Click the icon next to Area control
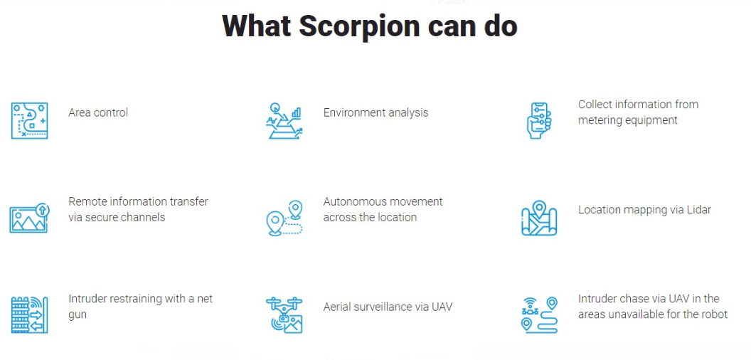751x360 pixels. [x=29, y=120]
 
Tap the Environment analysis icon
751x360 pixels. [x=284, y=120]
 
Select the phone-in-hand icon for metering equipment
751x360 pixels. [x=539, y=120]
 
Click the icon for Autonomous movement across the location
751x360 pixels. [x=284, y=218]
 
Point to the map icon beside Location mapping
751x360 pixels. [x=539, y=218]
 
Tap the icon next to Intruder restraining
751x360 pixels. [x=29, y=315]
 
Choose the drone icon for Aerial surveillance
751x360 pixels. [x=284, y=315]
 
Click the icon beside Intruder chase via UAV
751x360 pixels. [x=539, y=315]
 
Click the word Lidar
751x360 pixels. [x=698, y=209]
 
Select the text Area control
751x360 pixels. [x=98, y=112]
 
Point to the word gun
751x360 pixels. [x=78, y=315]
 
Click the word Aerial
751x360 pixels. [x=338, y=307]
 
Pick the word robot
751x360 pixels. [x=714, y=314]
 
